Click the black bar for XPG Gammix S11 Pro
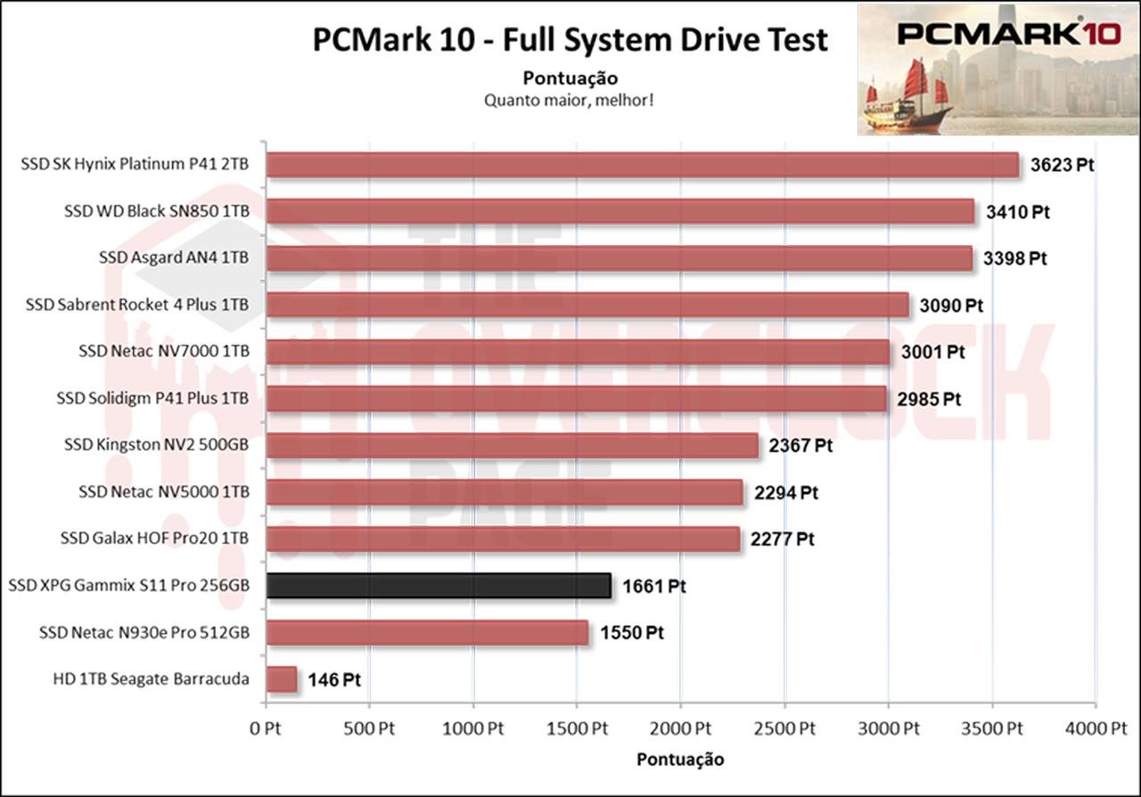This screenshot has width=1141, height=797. (439, 586)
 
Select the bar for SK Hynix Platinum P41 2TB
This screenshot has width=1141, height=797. (642, 165)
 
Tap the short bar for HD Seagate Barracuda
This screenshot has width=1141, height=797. (282, 679)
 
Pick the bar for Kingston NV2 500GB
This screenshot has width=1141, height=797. (512, 445)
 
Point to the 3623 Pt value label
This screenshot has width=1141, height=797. (1062, 166)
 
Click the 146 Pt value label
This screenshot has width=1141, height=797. (334, 680)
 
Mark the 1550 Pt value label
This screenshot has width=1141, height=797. (631, 633)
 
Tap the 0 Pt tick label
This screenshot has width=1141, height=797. (265, 728)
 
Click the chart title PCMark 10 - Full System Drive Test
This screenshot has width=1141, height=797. (570, 40)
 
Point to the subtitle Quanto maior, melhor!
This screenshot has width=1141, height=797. (570, 99)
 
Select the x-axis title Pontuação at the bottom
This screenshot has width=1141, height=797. (680, 760)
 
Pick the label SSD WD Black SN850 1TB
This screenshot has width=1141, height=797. (156, 211)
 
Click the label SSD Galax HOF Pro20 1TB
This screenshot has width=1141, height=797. (154, 538)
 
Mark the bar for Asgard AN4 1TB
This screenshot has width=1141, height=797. (619, 259)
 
